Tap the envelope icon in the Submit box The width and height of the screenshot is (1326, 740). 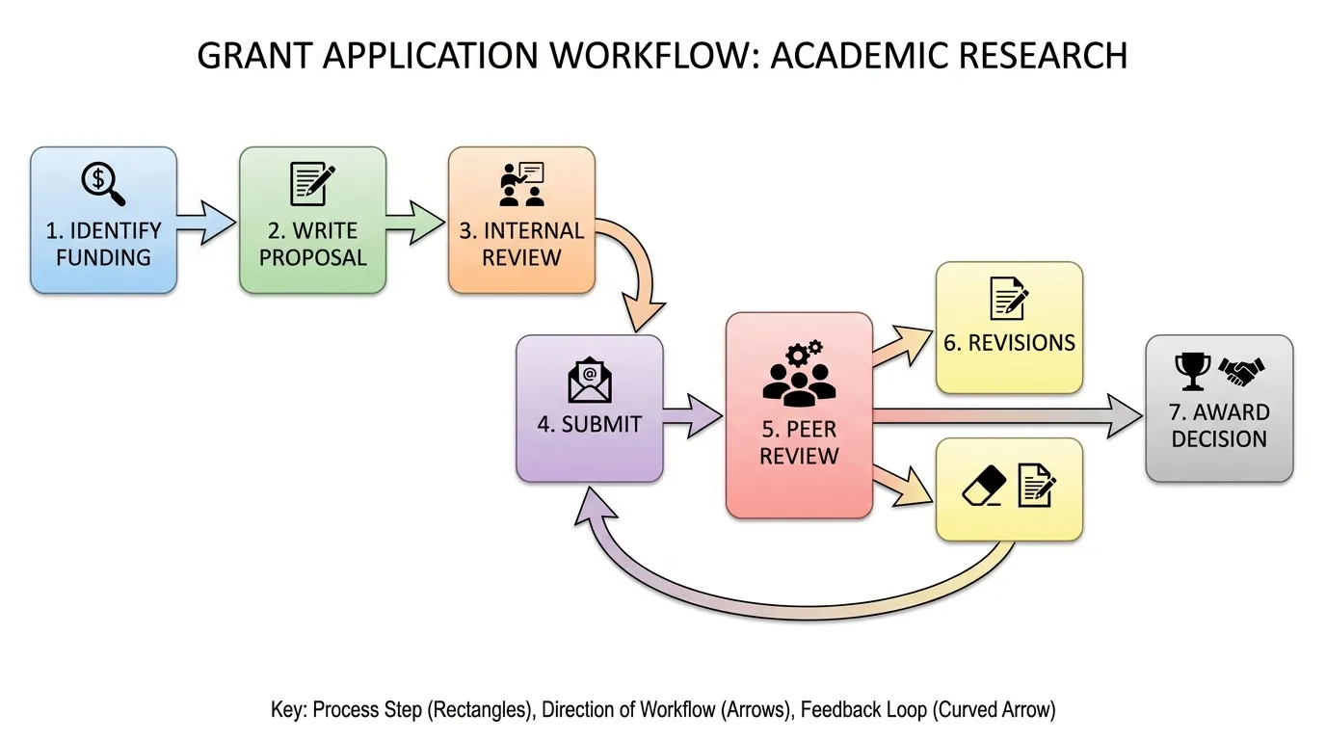click(590, 380)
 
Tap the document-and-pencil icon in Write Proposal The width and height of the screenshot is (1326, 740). click(312, 183)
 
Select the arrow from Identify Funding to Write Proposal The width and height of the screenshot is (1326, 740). click(207, 223)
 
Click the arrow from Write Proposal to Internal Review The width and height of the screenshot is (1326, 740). click(416, 223)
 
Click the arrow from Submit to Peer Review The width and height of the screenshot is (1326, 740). click(693, 416)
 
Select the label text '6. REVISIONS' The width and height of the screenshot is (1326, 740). click(1009, 343)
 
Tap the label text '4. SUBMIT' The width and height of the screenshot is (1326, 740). click(589, 424)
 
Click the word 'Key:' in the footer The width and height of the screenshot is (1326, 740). click(290, 710)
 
